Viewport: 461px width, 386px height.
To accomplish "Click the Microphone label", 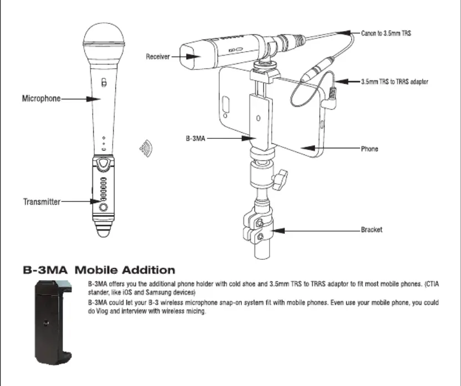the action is tap(41, 98).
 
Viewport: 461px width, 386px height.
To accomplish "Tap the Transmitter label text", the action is tap(42, 202).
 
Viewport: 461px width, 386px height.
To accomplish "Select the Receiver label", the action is tap(158, 57).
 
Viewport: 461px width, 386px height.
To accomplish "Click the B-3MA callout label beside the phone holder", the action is tap(195, 138).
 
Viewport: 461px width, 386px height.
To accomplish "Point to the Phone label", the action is tap(369, 149).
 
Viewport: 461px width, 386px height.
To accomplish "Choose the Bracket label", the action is tap(372, 230).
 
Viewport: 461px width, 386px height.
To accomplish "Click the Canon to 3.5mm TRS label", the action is tap(386, 33).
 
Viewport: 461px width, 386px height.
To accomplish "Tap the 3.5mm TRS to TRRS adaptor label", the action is tap(394, 82).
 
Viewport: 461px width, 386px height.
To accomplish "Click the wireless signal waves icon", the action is tap(146, 148).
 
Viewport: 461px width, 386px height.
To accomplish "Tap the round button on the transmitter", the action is tap(103, 207).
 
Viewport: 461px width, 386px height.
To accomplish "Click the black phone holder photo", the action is tap(53, 322).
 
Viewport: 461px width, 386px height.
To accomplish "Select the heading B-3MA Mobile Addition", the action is tap(99, 270).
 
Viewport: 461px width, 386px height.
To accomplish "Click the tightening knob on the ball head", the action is tap(280, 179).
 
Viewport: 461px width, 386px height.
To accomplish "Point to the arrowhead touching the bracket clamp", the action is tap(278, 230).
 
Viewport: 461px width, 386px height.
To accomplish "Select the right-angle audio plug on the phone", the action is tap(330, 99).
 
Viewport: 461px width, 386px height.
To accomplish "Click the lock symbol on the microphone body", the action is tap(104, 82).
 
